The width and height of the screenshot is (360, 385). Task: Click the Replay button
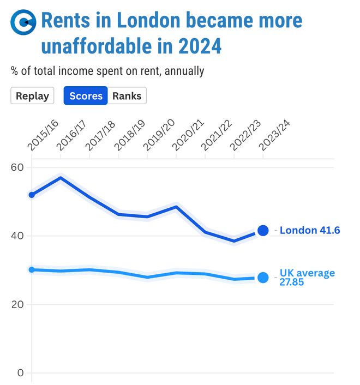coord(32,96)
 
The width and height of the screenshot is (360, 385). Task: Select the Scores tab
coord(86,96)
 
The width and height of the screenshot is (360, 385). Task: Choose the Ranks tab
coord(127,96)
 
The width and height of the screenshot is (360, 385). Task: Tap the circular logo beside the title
coord(23,22)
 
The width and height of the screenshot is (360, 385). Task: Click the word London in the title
coord(149,21)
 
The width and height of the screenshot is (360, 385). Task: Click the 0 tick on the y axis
coord(20,373)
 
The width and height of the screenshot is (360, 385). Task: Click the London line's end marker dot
coord(263,231)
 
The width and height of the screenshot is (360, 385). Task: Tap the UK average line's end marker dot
coord(263,278)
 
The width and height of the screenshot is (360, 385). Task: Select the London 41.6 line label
coord(310,231)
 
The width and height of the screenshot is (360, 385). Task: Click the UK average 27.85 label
coord(307,278)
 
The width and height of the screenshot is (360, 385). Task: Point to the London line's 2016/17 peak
coord(61,178)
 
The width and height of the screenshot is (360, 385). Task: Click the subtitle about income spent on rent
coord(107,71)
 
